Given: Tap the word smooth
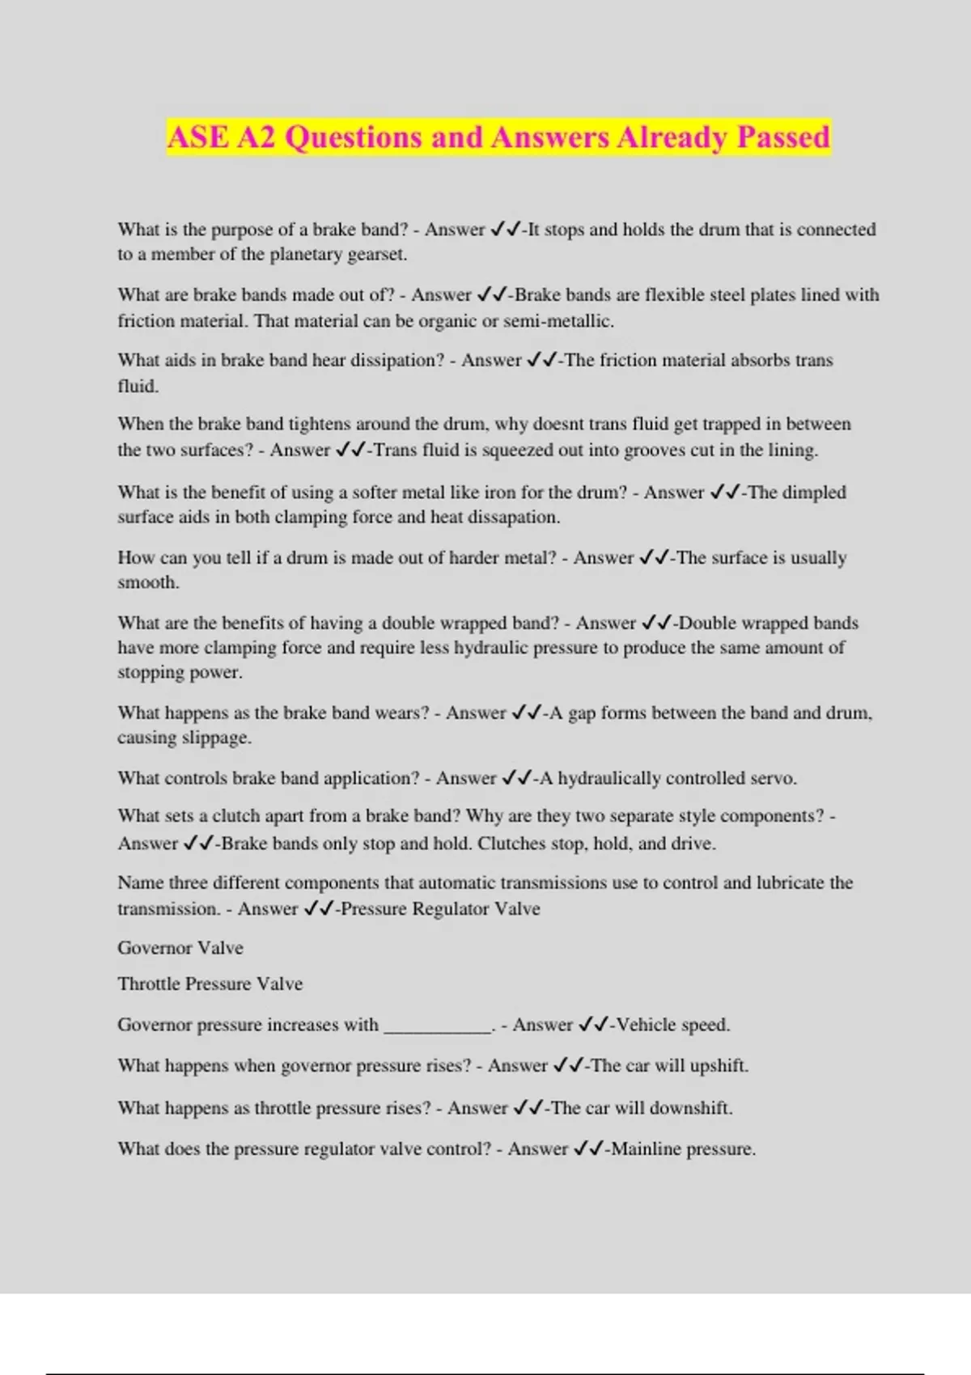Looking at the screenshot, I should pyautogui.click(x=146, y=582).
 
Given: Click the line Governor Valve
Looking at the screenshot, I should pyautogui.click(x=180, y=948).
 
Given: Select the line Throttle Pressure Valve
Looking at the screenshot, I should pyautogui.click(x=210, y=984).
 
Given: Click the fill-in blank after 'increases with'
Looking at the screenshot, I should pyautogui.click(x=437, y=1026).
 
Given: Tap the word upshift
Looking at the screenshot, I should pyautogui.click(x=718, y=1066).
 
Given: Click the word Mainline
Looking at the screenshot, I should pyautogui.click(x=646, y=1149).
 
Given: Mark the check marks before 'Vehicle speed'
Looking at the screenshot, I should pyautogui.click(x=594, y=1025).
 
